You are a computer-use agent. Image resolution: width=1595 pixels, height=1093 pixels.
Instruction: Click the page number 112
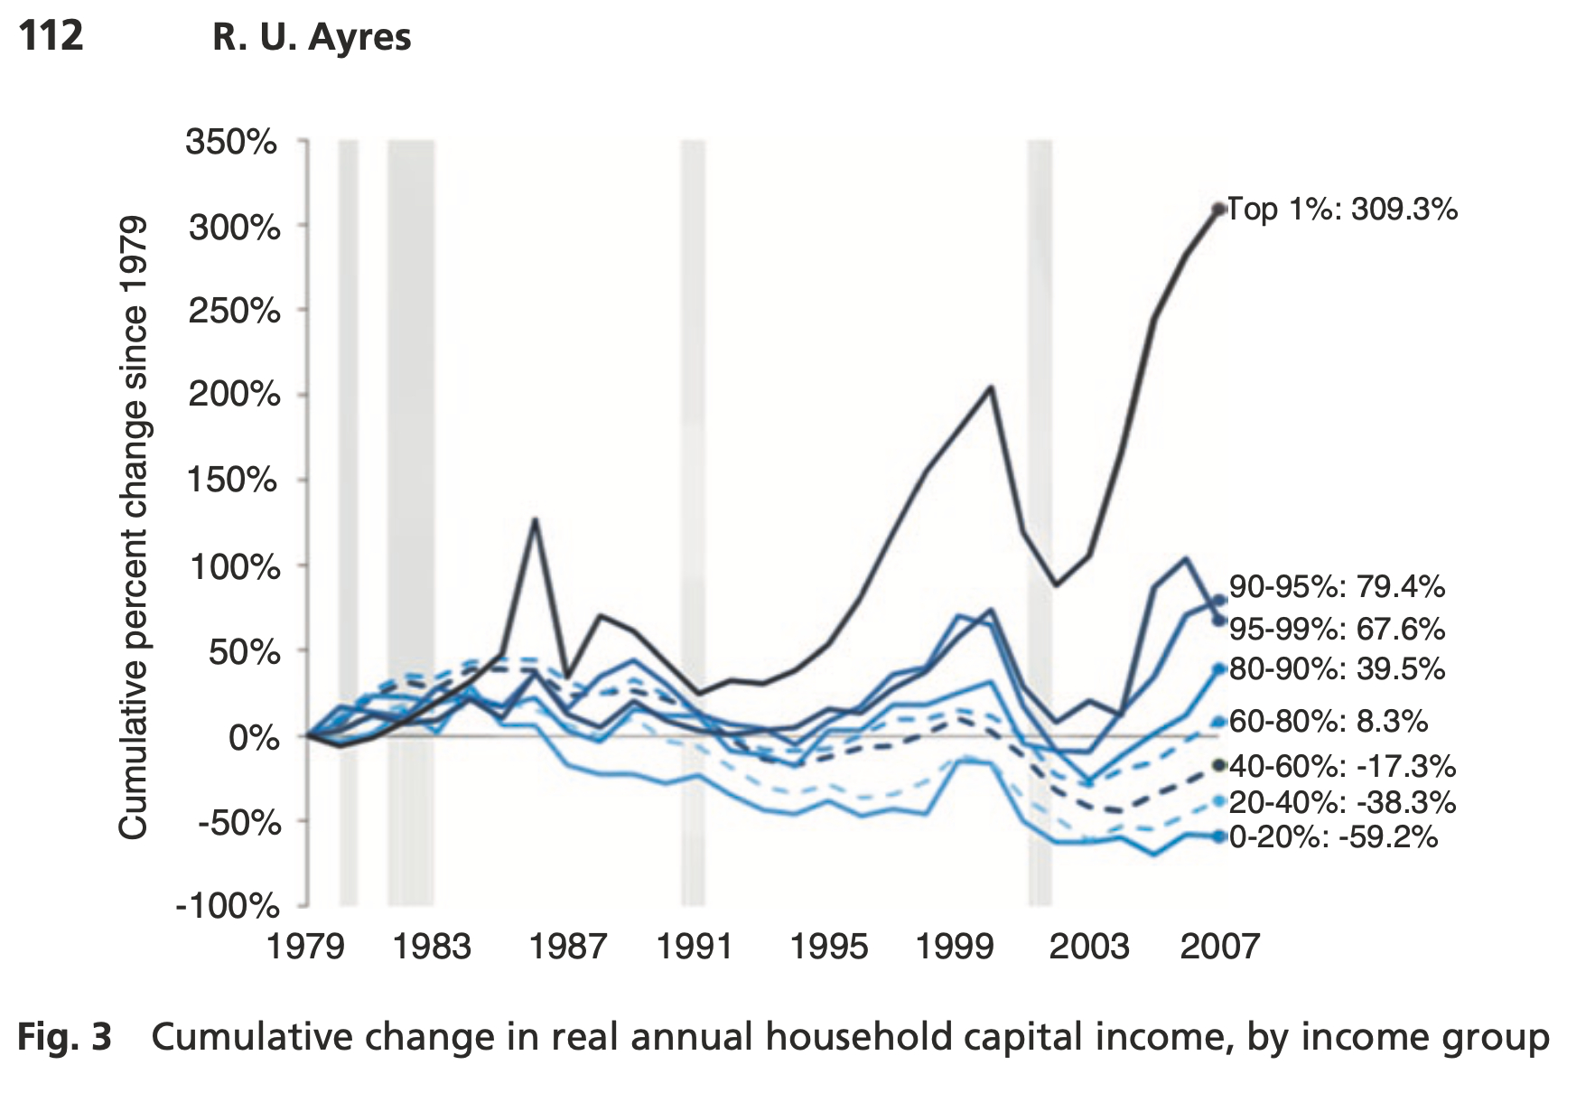coord(51,36)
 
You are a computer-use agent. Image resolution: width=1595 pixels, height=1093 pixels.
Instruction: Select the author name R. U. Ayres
coord(312,38)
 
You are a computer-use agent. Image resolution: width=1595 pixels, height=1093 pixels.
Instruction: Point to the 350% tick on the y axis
coord(231,142)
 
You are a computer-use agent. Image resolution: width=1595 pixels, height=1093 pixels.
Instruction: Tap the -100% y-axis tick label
coord(227,905)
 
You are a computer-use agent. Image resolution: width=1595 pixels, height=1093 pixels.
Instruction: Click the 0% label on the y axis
coord(254,738)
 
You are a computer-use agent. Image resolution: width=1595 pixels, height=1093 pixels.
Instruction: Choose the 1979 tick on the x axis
coord(305,947)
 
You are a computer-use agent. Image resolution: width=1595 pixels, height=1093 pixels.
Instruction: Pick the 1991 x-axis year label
coord(695,947)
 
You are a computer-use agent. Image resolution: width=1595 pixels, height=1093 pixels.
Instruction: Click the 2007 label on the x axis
coord(1219,947)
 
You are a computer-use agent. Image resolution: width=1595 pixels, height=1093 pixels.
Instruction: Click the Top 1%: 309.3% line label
coord(1342,210)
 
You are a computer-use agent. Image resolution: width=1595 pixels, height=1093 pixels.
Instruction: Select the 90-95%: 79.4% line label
coord(1337,587)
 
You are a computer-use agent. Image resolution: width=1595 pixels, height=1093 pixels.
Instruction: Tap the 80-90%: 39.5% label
coord(1337,669)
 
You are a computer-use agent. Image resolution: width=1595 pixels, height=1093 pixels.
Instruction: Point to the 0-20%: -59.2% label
coord(1333,837)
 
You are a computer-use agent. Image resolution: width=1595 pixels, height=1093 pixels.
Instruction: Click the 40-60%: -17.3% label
coord(1342,767)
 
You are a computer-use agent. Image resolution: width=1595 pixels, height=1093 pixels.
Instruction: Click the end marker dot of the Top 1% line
coord(1219,210)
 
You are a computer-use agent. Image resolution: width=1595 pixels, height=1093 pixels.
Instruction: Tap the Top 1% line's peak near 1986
coord(536,519)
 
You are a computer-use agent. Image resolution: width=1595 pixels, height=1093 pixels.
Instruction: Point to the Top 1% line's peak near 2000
coord(992,388)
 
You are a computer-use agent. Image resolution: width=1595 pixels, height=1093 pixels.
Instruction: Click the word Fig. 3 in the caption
coord(64,1037)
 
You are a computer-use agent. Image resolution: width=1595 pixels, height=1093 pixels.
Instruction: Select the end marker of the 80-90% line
coord(1219,669)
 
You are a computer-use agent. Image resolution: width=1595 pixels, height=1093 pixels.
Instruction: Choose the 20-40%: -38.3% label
coord(1342,802)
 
